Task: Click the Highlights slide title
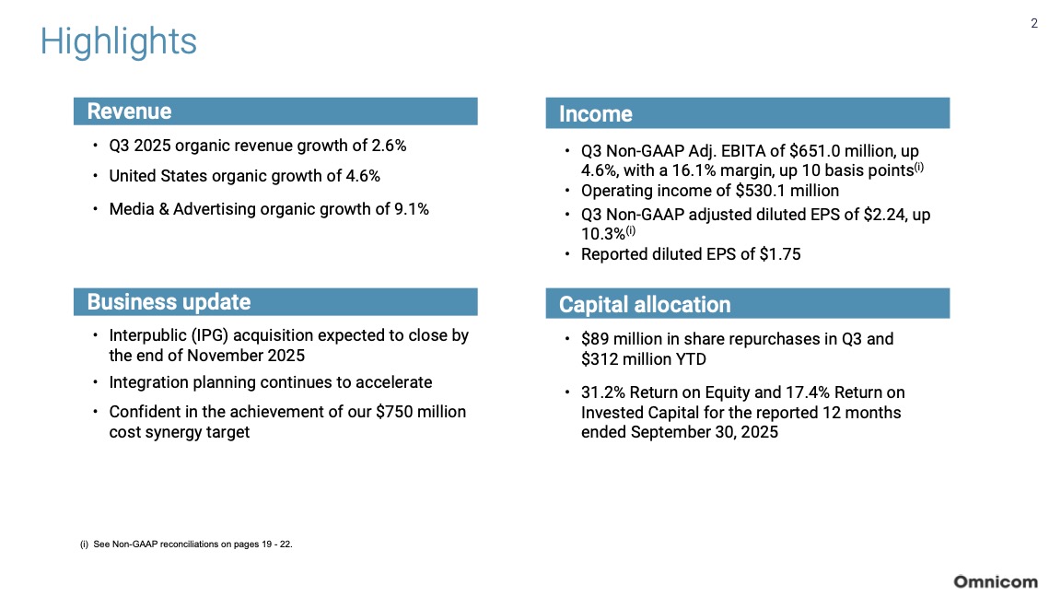118,42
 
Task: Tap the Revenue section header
129,111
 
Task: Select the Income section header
596,114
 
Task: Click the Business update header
169,302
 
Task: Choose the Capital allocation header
645,305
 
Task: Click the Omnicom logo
995,581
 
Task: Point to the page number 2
1034,24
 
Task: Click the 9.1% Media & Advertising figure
410,208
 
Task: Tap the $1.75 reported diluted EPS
778,254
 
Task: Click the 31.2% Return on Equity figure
604,392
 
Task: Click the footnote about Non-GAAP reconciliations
187,544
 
